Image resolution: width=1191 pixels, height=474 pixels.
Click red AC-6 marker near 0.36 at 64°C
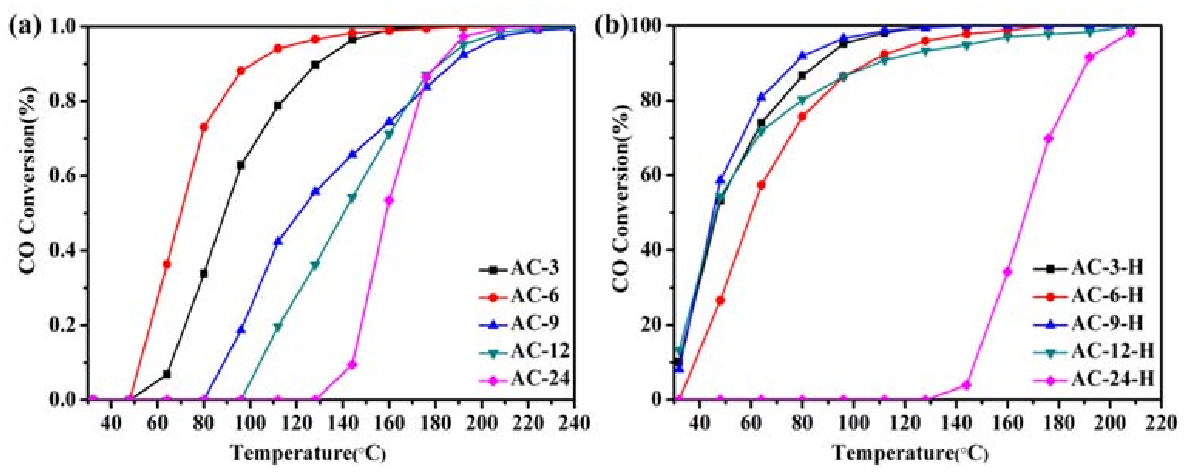coord(167,264)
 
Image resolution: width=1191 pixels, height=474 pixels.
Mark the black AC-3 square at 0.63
coord(241,165)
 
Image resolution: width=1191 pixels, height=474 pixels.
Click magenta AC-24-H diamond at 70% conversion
coord(1049,138)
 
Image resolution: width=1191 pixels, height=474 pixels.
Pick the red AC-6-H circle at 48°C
coord(720,301)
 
